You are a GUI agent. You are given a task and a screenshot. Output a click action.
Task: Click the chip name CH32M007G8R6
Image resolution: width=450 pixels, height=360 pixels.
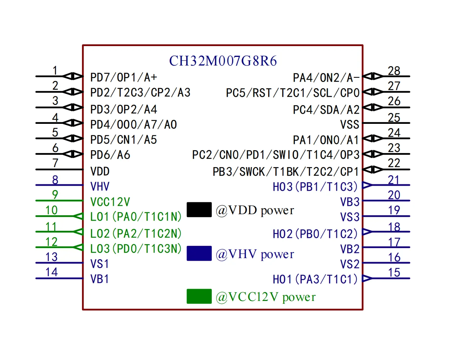223,61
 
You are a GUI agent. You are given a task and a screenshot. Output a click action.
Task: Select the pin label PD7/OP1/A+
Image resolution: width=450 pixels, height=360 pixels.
123,77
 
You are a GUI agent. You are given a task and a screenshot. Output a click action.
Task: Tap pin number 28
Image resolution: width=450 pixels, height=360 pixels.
394,71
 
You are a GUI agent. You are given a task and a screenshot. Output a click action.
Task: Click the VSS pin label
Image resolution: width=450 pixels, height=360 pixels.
350,125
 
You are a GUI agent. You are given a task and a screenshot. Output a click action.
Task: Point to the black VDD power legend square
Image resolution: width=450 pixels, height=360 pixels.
199,210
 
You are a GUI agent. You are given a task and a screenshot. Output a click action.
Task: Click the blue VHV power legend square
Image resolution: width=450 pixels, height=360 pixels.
199,253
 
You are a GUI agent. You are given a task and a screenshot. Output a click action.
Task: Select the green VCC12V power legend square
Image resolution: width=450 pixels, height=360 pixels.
199,296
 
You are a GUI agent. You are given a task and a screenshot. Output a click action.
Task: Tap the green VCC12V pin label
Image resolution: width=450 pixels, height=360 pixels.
110,202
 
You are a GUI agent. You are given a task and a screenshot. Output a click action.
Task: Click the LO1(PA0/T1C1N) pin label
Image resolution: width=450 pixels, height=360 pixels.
136,216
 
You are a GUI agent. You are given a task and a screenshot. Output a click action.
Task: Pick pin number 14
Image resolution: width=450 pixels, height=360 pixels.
51,272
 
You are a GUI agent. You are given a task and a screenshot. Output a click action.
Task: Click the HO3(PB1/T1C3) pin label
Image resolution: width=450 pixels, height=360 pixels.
315,186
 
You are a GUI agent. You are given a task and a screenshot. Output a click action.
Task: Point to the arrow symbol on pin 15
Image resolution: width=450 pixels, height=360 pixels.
367,278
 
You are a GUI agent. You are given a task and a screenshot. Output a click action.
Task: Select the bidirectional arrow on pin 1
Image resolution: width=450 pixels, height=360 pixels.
73,76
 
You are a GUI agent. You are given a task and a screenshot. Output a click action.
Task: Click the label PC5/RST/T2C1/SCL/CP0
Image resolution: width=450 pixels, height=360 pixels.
293,93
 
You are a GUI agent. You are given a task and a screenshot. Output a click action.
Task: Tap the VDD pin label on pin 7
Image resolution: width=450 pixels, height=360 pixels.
100,171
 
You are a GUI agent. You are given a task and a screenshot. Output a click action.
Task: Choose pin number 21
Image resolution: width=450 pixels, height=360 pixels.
393,180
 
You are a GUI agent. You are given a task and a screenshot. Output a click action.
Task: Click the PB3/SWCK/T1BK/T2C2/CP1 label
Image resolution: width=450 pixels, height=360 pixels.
285,171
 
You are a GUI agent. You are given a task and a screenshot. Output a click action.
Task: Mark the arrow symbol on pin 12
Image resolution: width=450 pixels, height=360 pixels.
78,247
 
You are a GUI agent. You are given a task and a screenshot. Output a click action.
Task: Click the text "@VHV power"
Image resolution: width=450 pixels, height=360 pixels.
255,254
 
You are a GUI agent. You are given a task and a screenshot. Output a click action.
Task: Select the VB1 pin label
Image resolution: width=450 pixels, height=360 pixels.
99,279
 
